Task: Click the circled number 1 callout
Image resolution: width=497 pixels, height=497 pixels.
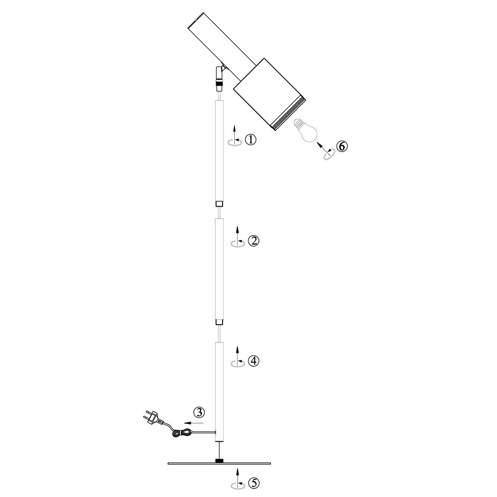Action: click(250, 140)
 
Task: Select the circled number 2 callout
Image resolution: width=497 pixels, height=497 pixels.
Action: click(253, 241)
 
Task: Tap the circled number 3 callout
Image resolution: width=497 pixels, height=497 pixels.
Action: click(199, 413)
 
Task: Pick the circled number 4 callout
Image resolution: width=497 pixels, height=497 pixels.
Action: click(253, 361)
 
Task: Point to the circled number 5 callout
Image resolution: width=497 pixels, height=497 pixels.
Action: click(253, 483)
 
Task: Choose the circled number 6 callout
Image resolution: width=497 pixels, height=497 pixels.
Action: click(342, 147)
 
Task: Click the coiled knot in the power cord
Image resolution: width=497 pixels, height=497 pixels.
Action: click(181, 433)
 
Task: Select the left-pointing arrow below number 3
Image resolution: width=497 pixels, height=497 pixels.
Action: click(194, 423)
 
